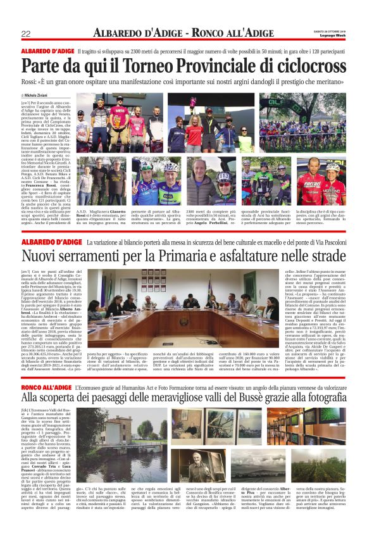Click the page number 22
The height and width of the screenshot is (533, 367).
point(26,34)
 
